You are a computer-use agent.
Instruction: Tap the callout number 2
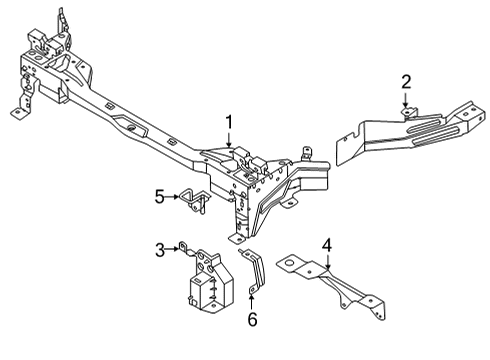pos(406,81)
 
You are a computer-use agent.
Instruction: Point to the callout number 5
pos(159,196)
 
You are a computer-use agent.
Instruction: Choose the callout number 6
pos(252,319)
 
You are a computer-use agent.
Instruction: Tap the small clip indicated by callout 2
pos(407,113)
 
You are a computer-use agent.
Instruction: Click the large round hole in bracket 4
pos(290,263)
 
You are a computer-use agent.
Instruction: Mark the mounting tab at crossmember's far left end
pos(19,112)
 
